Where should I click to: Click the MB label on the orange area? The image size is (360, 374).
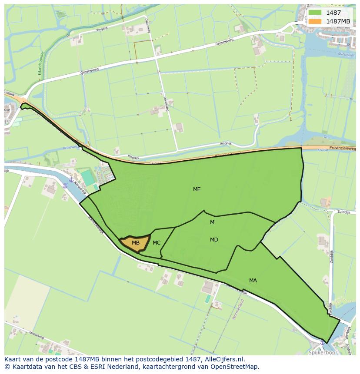click(136, 243)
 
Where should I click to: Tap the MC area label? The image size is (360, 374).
click(157, 243)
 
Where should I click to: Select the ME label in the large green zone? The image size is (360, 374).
click(197, 189)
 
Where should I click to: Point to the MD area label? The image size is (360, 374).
click(214, 240)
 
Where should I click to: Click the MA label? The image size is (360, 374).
click(253, 281)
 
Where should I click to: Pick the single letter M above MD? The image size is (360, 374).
click(212, 222)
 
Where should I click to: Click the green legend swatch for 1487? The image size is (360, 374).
click(315, 13)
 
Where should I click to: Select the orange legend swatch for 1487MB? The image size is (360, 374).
click(315, 21)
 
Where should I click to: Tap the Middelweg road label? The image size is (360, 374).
click(36, 335)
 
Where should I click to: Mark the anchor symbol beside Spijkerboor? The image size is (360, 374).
click(322, 342)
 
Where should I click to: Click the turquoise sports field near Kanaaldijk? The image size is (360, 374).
click(88, 178)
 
